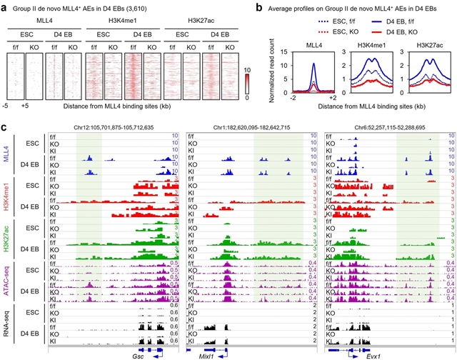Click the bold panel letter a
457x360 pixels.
pos(5,6)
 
